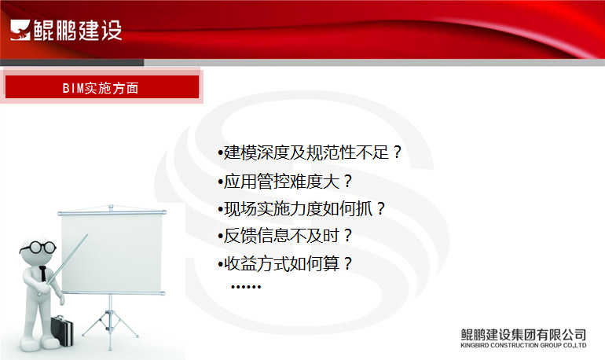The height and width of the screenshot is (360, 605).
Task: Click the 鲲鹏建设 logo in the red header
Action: pos(66,30)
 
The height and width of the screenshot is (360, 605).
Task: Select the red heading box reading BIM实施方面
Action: pos(102,86)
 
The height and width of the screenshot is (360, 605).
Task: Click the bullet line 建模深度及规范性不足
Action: pos(310,152)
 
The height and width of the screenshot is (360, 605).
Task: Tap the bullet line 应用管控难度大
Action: pos(285,181)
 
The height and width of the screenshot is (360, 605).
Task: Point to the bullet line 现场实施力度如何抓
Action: pos(302,209)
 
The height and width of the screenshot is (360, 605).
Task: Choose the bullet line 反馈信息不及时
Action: pos(285,236)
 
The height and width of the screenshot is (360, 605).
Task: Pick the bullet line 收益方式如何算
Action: pos(285,264)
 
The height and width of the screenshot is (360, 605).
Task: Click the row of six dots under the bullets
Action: pos(246,287)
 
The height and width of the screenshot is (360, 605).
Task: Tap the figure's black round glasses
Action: pos(38,248)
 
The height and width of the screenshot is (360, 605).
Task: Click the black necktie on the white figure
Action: pos(43,274)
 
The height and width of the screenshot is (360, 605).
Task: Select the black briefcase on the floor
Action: pos(62,330)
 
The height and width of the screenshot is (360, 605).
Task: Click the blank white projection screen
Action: pos(112,253)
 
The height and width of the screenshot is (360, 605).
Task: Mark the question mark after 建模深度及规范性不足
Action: pos(398,152)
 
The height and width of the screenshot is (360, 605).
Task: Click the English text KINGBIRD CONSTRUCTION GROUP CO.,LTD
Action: pos(523,345)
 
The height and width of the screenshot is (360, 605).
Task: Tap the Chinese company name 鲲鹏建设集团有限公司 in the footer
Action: pos(523,334)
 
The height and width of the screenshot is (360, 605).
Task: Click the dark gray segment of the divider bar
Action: pos(72,63)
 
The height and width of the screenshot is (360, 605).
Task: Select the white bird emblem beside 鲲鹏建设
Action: pos(20,30)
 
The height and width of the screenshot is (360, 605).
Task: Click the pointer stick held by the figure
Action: pos(64,265)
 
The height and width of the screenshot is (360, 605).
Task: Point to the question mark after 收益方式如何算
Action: pos(347,264)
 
